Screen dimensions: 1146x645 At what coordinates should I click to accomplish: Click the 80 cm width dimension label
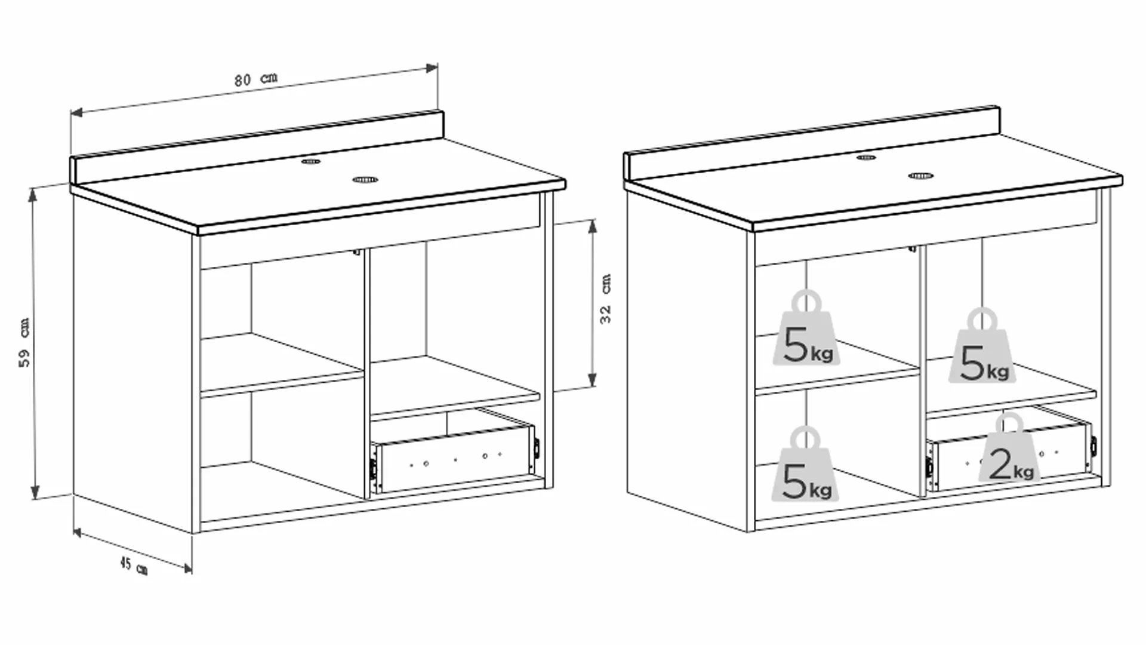(x=256, y=79)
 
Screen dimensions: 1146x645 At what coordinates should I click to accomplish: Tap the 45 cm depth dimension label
(x=134, y=565)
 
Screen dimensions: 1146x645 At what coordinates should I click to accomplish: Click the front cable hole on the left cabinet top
(x=365, y=179)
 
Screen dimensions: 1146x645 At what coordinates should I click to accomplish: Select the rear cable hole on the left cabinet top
(x=310, y=161)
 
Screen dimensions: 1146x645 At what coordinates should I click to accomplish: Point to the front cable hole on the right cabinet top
(x=920, y=176)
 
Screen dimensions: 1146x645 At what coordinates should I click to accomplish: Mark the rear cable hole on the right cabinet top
(x=866, y=158)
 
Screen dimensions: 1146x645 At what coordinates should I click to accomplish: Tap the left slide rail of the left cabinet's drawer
(x=372, y=471)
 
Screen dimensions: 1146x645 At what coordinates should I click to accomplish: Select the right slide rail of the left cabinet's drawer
(x=537, y=448)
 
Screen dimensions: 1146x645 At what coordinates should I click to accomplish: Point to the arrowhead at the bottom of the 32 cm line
(x=592, y=380)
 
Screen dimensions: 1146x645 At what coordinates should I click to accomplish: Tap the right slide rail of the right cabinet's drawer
(x=1093, y=445)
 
